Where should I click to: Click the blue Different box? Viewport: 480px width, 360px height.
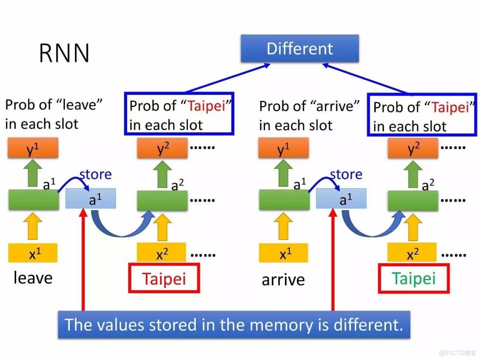(300, 49)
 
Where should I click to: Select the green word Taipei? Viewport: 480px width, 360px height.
(414, 279)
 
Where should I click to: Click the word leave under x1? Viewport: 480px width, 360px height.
(33, 278)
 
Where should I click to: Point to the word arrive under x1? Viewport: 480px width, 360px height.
(283, 280)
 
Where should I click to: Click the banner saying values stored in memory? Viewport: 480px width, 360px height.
(234, 325)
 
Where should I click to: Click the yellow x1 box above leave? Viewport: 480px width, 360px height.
(33, 254)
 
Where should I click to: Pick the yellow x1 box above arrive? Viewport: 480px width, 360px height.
(283, 254)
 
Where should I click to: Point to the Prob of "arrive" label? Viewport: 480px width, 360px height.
(309, 116)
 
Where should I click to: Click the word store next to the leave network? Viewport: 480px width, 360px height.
(95, 175)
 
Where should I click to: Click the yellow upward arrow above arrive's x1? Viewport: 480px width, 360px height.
(283, 227)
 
